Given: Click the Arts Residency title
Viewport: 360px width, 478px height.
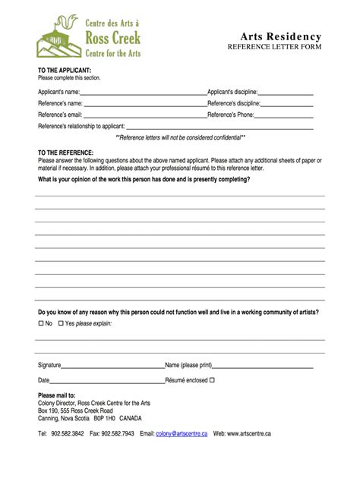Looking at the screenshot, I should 281,37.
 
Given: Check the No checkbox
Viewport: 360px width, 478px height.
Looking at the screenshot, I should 41,323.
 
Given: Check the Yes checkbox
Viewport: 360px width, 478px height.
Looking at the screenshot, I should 62,323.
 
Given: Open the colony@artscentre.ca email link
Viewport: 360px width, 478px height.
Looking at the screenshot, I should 182,434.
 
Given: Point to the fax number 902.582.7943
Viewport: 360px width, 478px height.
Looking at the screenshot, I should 118,434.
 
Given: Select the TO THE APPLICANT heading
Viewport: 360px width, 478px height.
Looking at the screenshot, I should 65,71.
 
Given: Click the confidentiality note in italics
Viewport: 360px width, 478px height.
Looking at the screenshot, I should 179,138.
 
